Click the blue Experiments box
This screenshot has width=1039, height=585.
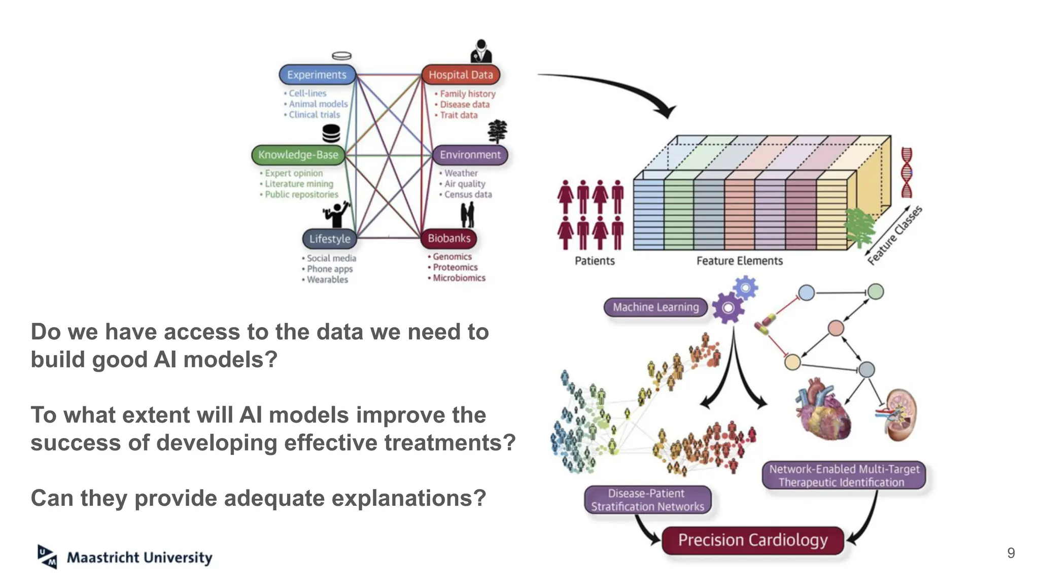click(317, 75)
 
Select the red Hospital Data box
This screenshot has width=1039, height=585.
click(461, 75)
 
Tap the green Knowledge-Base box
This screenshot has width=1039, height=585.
click(298, 155)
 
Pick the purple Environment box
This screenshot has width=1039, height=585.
click(470, 155)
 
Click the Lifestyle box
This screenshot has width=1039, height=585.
click(330, 239)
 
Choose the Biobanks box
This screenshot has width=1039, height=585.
click(449, 238)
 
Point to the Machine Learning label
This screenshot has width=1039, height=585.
click(655, 307)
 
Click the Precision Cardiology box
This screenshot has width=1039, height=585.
click(753, 540)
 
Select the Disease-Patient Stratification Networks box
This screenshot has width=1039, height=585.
click(647, 500)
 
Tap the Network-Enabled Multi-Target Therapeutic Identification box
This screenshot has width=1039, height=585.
click(844, 476)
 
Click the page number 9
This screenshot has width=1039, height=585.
click(1011, 553)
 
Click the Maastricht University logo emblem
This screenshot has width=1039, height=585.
click(47, 557)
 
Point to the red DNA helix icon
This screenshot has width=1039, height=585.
click(907, 173)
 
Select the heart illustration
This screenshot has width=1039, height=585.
click(822, 409)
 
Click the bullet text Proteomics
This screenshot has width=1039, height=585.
click(455, 268)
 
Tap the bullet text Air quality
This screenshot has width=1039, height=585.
click(465, 184)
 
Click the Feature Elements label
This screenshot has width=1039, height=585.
click(739, 261)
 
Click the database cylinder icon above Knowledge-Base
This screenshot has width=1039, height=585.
click(331, 134)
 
